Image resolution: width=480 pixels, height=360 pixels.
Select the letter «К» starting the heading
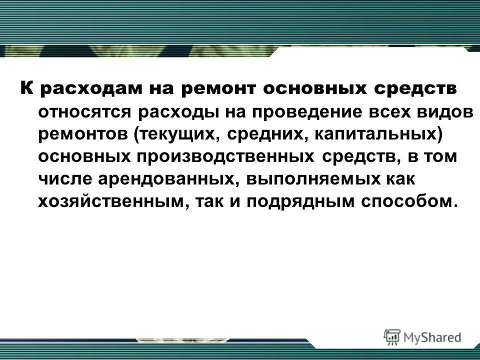[x=26, y=88]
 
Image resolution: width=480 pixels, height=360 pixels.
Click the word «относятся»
[x=84, y=112]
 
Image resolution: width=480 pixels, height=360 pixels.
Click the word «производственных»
[x=225, y=157]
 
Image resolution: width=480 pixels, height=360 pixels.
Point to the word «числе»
[x=64, y=179]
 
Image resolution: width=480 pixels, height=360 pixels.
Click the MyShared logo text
[x=432, y=337]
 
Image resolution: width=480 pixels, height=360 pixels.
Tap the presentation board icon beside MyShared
[x=392, y=337]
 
